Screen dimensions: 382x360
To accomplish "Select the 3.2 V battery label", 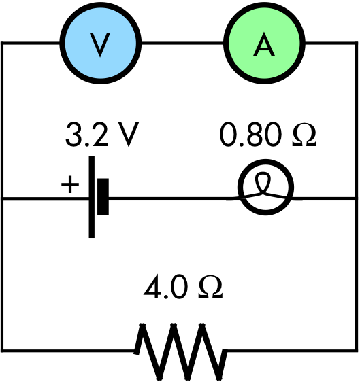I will click(101, 136).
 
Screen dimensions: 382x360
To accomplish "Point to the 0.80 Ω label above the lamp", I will click(268, 136).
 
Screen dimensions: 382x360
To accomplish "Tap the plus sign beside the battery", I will click(70, 184).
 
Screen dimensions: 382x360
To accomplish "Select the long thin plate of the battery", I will click(92, 198).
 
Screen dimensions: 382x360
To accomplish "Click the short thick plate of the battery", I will click(103, 198).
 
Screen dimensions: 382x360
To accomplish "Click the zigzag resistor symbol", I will click(180, 351).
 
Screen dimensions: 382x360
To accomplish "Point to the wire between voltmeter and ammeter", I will click(182, 44).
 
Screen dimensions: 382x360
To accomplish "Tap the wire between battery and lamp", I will click(170, 198).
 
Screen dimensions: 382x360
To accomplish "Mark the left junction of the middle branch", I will click(3, 198).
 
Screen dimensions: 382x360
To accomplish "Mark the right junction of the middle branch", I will click(357, 198).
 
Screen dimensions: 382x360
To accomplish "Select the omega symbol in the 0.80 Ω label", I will click(302, 137).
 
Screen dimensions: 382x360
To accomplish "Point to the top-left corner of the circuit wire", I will click(3, 44).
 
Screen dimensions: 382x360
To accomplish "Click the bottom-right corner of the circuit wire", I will click(357, 351).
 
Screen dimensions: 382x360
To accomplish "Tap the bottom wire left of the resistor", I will click(68, 351).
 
